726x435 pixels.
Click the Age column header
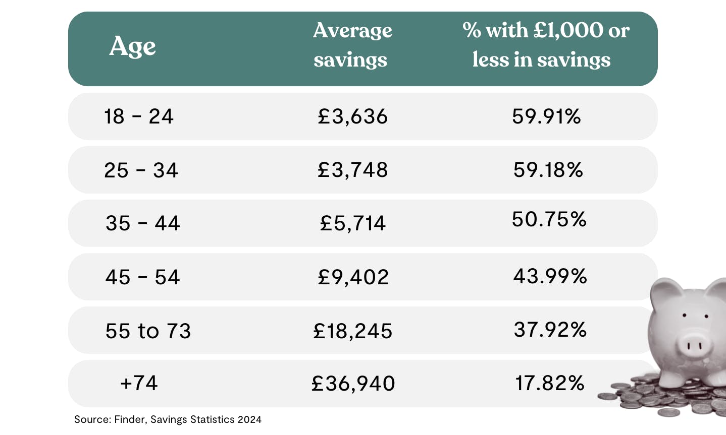pos(132,46)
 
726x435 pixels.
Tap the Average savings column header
pos(352,45)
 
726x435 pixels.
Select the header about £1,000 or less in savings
pos(545,45)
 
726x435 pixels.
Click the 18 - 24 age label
pos(139,116)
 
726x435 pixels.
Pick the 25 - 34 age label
pos(141,170)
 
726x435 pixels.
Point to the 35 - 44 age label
pos(142,223)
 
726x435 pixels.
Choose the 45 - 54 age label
pos(142,277)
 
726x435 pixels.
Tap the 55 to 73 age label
pos(148,331)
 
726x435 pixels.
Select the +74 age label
pos(139,383)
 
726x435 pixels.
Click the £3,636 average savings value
pos(352,116)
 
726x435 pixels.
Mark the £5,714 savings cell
pos(352,223)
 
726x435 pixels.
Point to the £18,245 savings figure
pos(352,331)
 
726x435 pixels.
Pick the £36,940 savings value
pos(353,384)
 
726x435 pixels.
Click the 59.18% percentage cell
pos(548,170)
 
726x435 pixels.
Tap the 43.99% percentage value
pos(550,276)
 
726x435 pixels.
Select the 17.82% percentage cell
pos(549,383)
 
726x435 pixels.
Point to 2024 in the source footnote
pos(249,419)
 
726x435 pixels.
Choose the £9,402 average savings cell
pos(353,277)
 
